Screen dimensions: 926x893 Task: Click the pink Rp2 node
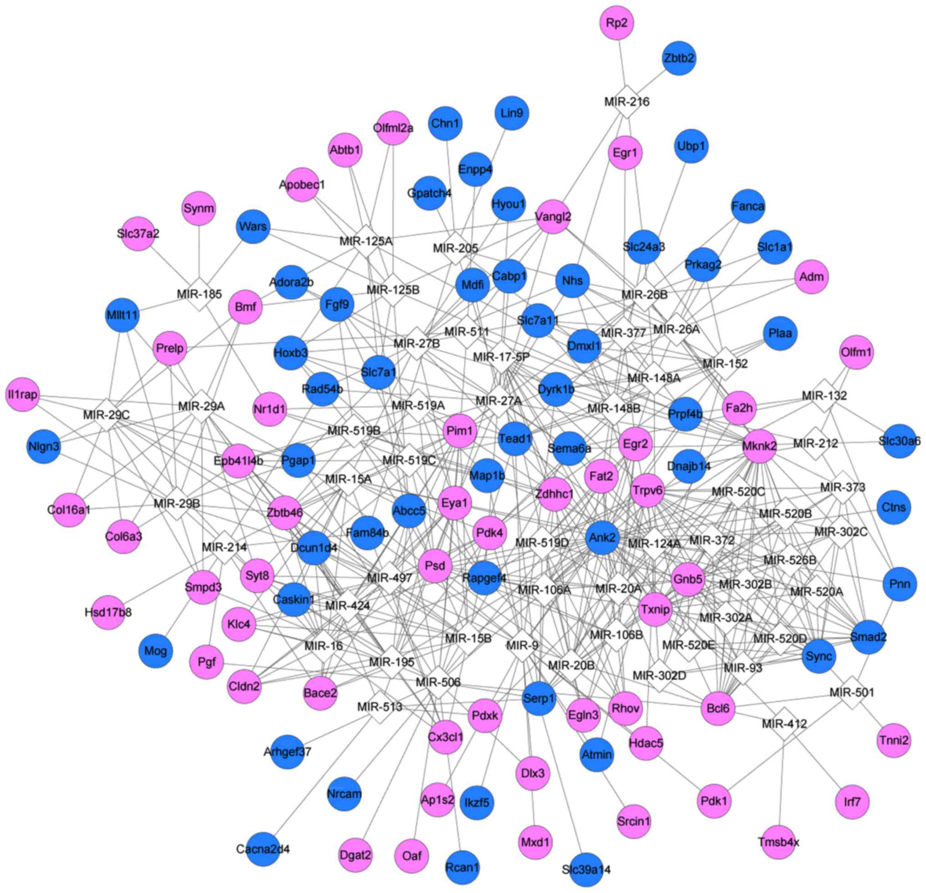(x=617, y=23)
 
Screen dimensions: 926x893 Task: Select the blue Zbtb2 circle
(x=679, y=58)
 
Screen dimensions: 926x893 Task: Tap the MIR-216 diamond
(x=627, y=102)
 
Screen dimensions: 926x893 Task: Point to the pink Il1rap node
(x=23, y=394)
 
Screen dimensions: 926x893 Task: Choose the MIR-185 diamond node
(x=200, y=294)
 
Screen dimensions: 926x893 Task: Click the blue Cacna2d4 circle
(x=263, y=849)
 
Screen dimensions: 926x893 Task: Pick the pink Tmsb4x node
(x=779, y=842)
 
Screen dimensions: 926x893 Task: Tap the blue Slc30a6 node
(x=899, y=441)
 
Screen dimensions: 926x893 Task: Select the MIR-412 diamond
(x=784, y=724)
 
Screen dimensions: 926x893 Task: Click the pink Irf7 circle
(x=852, y=801)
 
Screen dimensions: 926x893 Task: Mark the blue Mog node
(x=155, y=651)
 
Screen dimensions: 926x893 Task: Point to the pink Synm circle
(x=199, y=208)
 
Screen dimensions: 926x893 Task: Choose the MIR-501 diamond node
(x=852, y=692)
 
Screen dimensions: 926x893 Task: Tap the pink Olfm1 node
(x=857, y=352)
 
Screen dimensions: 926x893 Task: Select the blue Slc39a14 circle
(x=586, y=869)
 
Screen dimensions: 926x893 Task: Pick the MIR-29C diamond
(x=106, y=415)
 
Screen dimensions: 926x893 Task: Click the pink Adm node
(x=812, y=277)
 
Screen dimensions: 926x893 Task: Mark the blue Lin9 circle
(x=512, y=113)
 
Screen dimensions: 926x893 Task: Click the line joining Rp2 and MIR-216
(x=622, y=62)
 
